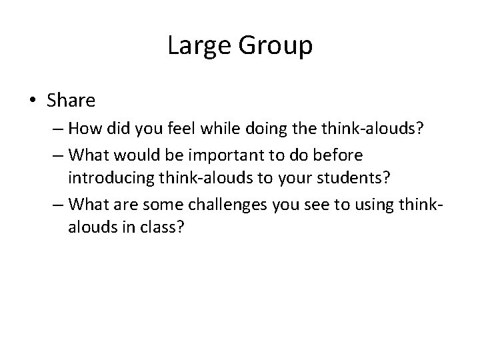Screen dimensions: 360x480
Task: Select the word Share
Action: (x=71, y=101)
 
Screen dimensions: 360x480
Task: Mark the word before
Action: (x=339, y=155)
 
